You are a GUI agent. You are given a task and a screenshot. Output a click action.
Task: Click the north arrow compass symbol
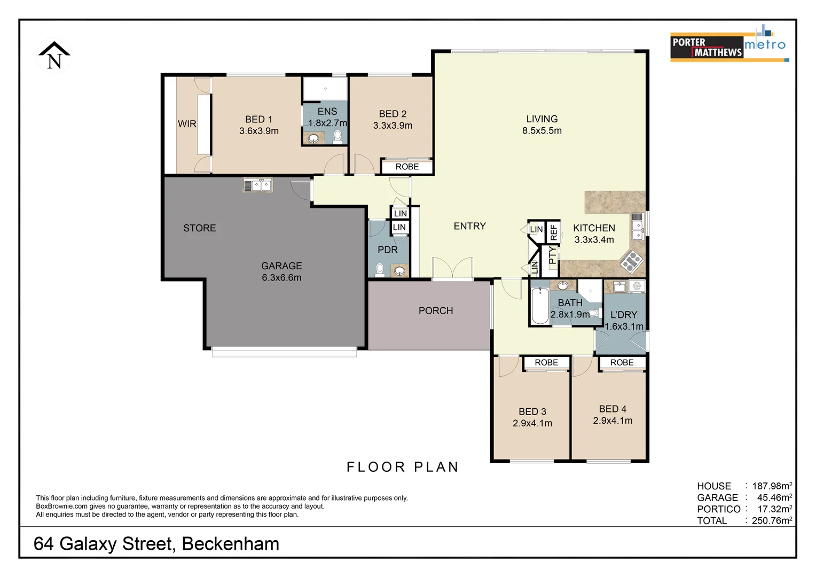(54, 56)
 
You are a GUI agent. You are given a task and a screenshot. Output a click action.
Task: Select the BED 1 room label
(258, 120)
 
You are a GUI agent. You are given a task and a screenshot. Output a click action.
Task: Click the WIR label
(187, 124)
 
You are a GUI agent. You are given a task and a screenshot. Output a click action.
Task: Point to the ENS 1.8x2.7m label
(327, 117)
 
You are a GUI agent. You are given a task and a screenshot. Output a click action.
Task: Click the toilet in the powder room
(380, 269)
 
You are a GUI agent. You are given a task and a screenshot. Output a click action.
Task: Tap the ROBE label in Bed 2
(407, 167)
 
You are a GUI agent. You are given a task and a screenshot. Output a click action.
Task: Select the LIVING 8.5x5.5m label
(542, 124)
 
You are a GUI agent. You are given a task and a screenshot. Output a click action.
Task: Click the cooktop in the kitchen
(631, 262)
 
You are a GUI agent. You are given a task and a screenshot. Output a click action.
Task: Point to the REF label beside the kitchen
(554, 232)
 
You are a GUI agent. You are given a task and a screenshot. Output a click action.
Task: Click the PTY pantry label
(552, 255)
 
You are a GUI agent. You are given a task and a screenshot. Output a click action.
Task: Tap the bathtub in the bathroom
(539, 306)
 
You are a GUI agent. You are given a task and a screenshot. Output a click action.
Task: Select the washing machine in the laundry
(637, 287)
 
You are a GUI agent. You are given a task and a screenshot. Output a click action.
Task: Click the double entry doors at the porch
(452, 269)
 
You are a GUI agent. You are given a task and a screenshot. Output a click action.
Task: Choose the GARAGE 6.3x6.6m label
(281, 271)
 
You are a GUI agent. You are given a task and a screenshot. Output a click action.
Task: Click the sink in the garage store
(258, 185)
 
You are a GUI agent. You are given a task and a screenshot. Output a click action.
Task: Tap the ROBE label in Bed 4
(622, 363)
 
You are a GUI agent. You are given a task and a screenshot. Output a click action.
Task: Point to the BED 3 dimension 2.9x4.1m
(532, 423)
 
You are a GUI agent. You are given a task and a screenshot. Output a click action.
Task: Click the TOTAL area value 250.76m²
(771, 520)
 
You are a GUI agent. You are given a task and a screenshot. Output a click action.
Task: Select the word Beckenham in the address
(230, 544)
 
